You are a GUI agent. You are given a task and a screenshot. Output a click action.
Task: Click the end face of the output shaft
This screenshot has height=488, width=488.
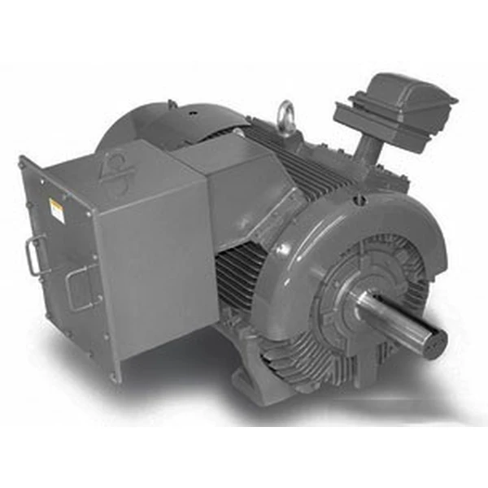click(x=434, y=339)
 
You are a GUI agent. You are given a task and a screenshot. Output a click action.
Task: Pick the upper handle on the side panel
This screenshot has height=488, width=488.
click(x=33, y=254)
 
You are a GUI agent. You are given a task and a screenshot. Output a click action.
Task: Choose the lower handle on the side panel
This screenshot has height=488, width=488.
click(x=80, y=289)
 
